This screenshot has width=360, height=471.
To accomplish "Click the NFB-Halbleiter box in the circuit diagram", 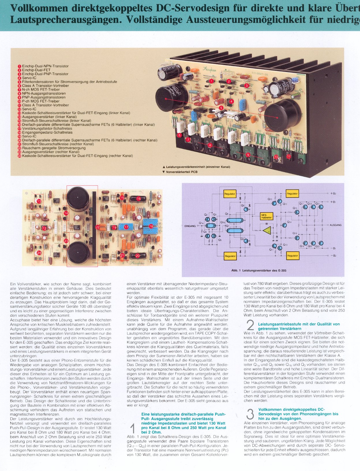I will tap(266, 216).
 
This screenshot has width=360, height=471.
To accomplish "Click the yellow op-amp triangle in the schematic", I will tap(267, 230).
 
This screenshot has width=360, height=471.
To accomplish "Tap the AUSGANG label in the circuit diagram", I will tap(335, 225).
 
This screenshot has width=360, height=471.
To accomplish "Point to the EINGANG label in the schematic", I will tap(190, 226).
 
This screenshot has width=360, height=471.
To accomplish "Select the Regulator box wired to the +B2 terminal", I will tap(292, 194).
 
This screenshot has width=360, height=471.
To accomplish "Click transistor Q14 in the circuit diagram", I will tap(285, 225).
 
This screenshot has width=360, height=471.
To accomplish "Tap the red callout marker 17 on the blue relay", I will tap(126, 227).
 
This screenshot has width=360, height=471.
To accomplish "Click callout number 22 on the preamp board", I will tap(97, 227).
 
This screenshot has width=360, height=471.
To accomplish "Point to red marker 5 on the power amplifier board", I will tap(221, 108).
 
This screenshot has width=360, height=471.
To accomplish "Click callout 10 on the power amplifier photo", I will tap(276, 157).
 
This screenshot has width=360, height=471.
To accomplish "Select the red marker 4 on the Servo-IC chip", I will tap(232, 102).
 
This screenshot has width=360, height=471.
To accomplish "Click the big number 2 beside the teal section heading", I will tap(250, 325).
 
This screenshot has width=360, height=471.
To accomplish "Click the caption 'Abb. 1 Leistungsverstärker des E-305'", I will tap(258, 270).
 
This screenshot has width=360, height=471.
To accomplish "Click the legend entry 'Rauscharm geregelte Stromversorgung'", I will tap(54, 148).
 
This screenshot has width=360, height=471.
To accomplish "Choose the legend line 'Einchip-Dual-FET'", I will tap(36, 70).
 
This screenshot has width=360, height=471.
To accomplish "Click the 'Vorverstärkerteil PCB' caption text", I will tap(181, 172).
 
